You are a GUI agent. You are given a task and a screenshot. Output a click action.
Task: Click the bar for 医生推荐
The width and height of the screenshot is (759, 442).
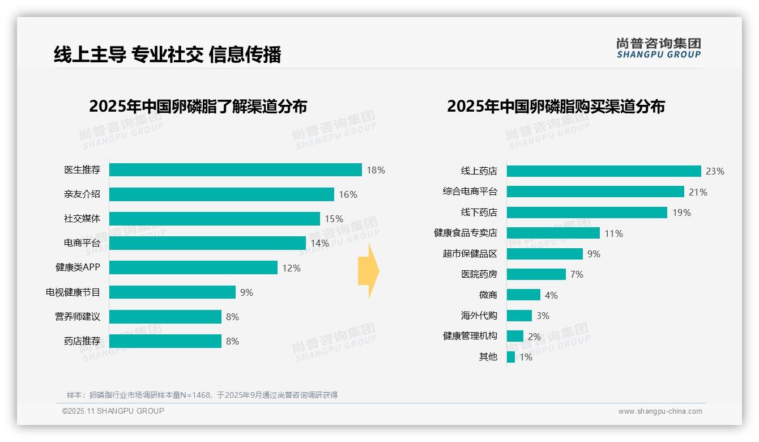(x=235, y=170)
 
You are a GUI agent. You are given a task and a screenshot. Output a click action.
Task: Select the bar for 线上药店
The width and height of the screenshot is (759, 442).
(x=603, y=171)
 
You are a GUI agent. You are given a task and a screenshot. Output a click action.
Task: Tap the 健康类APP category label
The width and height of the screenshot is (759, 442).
(x=78, y=267)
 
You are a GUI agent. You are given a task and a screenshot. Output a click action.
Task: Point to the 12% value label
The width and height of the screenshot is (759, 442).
(x=291, y=268)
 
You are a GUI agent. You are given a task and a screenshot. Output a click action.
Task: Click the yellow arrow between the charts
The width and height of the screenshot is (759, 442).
(x=369, y=271)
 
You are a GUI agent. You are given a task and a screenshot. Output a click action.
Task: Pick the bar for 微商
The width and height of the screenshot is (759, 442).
(x=523, y=295)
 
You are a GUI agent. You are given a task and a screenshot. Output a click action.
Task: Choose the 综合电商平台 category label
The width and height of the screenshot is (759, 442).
(x=470, y=192)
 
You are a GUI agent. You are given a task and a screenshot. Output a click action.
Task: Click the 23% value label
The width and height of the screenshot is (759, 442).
(x=715, y=171)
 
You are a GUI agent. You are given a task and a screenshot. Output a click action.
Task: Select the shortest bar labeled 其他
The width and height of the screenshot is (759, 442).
(x=511, y=357)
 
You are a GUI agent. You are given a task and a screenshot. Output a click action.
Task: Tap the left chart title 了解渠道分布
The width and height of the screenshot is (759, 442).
(x=198, y=107)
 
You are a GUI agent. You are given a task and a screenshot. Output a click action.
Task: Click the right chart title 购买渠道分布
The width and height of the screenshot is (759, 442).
(x=556, y=107)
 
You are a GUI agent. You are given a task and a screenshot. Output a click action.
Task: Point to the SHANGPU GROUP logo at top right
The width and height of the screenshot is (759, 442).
(x=658, y=48)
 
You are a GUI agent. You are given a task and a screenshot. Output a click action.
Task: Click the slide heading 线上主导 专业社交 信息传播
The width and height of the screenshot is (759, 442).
(x=167, y=54)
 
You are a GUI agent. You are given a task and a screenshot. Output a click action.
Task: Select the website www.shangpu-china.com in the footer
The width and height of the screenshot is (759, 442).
(x=660, y=411)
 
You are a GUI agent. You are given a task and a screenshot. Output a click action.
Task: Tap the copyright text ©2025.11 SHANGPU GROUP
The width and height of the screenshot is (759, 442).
(x=113, y=411)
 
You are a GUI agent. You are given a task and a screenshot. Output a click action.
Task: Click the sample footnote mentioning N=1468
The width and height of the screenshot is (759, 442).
(x=202, y=395)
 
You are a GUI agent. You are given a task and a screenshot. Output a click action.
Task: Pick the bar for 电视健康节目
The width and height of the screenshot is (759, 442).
(x=172, y=292)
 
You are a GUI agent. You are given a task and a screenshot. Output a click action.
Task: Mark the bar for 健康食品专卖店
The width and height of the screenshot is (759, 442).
(x=553, y=233)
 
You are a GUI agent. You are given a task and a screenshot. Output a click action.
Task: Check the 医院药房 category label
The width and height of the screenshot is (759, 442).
(x=479, y=274)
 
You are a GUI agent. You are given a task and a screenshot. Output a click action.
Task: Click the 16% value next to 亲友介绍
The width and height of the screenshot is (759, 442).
(x=348, y=194)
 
